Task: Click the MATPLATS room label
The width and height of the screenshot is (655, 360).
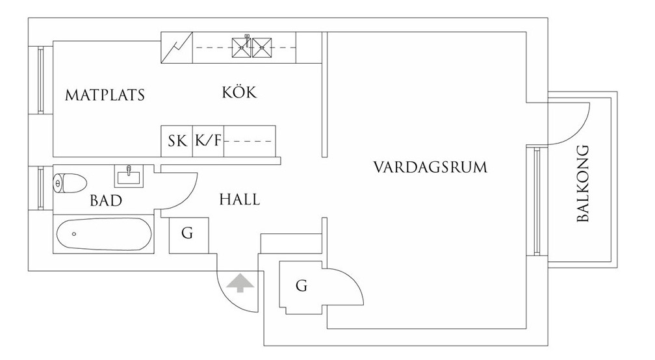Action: [105, 96]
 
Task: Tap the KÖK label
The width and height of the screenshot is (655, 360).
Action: [239, 92]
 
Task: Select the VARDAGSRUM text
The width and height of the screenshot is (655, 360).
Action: [430, 167]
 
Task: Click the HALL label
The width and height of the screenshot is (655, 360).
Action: [239, 199]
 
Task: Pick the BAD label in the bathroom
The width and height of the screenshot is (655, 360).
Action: [106, 201]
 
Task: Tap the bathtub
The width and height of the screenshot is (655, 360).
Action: [105, 234]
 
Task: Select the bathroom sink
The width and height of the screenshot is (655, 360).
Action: [129, 175]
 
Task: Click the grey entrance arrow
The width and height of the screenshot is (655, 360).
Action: [239, 283]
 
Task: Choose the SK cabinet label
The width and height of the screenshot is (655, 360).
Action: [177, 141]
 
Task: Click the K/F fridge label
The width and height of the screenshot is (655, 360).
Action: [208, 141]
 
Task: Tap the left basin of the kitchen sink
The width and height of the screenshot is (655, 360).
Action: [242, 46]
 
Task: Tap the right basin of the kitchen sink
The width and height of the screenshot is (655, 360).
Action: [262, 46]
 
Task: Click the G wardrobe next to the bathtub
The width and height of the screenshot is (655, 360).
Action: [187, 234]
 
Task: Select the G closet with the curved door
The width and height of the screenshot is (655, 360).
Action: [301, 285]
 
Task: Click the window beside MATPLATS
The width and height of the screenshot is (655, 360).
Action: [40, 80]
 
